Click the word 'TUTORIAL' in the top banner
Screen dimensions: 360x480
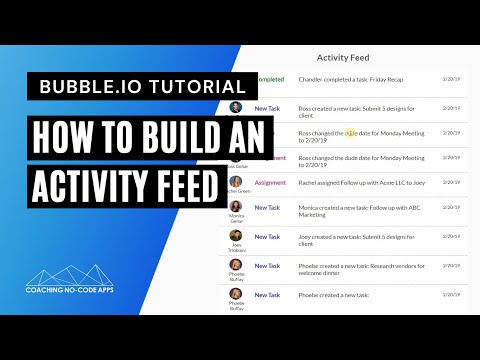[190, 87]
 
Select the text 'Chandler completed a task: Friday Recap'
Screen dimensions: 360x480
[355, 79]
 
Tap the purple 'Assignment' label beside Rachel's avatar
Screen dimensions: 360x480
[269, 183]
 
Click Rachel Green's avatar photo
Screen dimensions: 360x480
[236, 181]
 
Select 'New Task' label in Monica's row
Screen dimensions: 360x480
[267, 208]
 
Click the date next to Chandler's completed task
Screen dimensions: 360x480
[451, 78]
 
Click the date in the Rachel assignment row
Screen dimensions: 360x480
[451, 181]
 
